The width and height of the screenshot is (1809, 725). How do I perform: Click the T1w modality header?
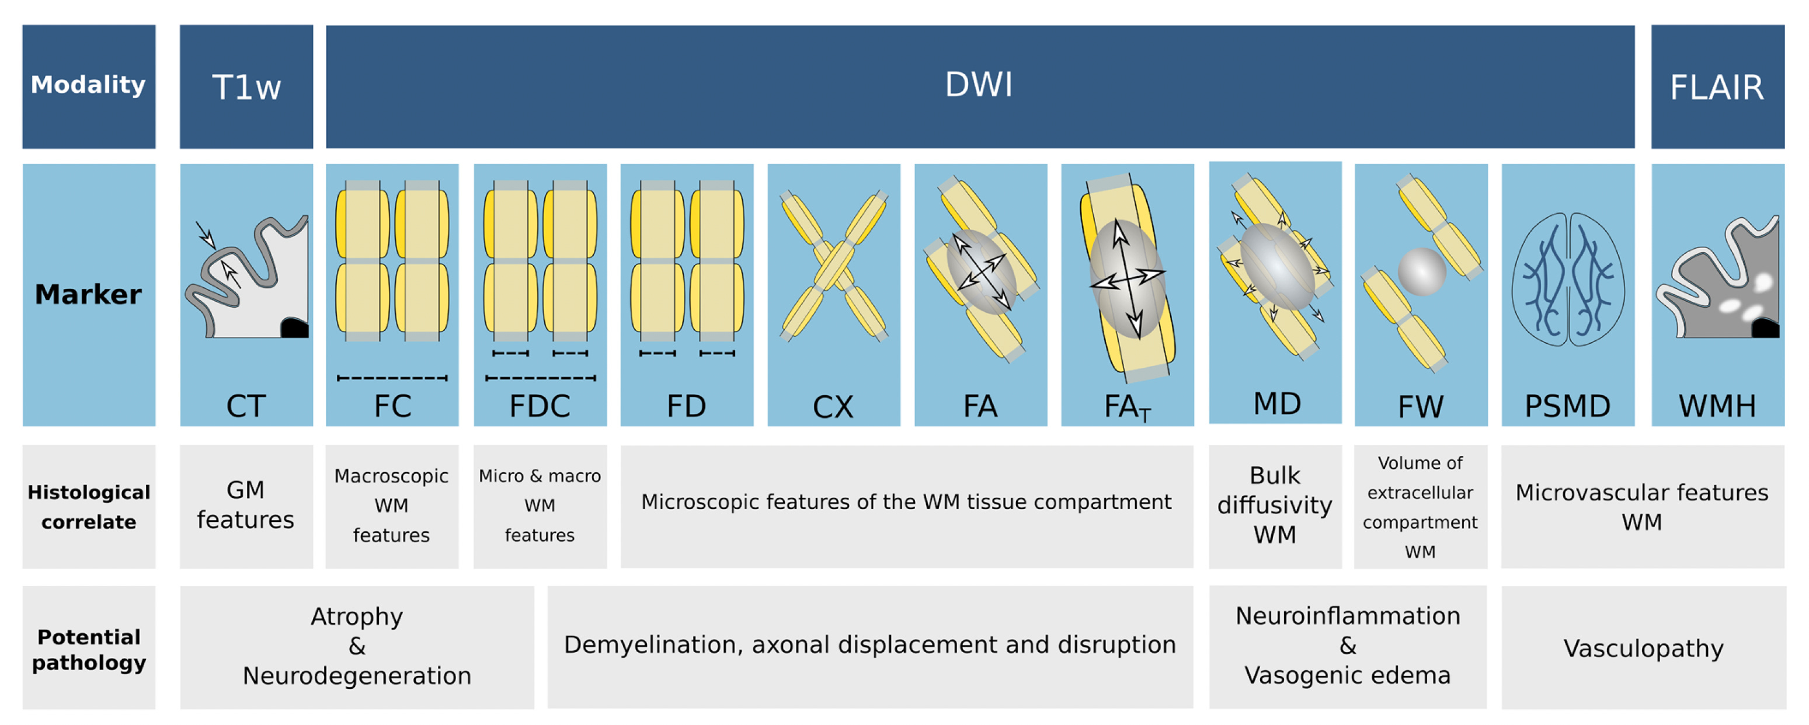pyautogui.click(x=246, y=87)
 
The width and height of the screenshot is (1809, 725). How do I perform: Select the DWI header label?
pyautogui.click(x=978, y=85)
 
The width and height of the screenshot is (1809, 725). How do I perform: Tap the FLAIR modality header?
pyautogui.click(x=1716, y=88)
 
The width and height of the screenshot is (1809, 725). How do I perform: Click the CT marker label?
pyautogui.click(x=246, y=406)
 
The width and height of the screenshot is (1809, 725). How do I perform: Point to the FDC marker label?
pyautogui.click(x=540, y=406)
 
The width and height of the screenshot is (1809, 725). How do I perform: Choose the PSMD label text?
pyautogui.click(x=1567, y=406)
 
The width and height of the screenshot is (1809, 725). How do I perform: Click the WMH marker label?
pyautogui.click(x=1717, y=406)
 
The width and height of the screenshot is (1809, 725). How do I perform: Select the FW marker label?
pyautogui.click(x=1420, y=406)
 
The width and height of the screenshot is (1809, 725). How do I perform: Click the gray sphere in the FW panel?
pyautogui.click(x=1421, y=271)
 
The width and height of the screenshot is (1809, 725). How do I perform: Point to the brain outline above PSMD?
pyautogui.click(x=1567, y=278)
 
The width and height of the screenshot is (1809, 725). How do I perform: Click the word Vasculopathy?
pyautogui.click(x=1643, y=648)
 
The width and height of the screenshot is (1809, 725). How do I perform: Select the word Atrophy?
pyautogui.click(x=357, y=616)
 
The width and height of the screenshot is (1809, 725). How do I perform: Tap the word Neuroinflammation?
pyautogui.click(x=1347, y=615)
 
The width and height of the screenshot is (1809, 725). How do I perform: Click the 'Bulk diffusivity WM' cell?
pyautogui.click(x=1275, y=506)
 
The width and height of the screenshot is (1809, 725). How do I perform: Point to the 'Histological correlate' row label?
pyautogui.click(x=89, y=507)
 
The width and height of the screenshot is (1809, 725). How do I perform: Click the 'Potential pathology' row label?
pyautogui.click(x=89, y=649)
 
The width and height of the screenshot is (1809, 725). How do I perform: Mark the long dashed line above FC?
pyautogui.click(x=392, y=378)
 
